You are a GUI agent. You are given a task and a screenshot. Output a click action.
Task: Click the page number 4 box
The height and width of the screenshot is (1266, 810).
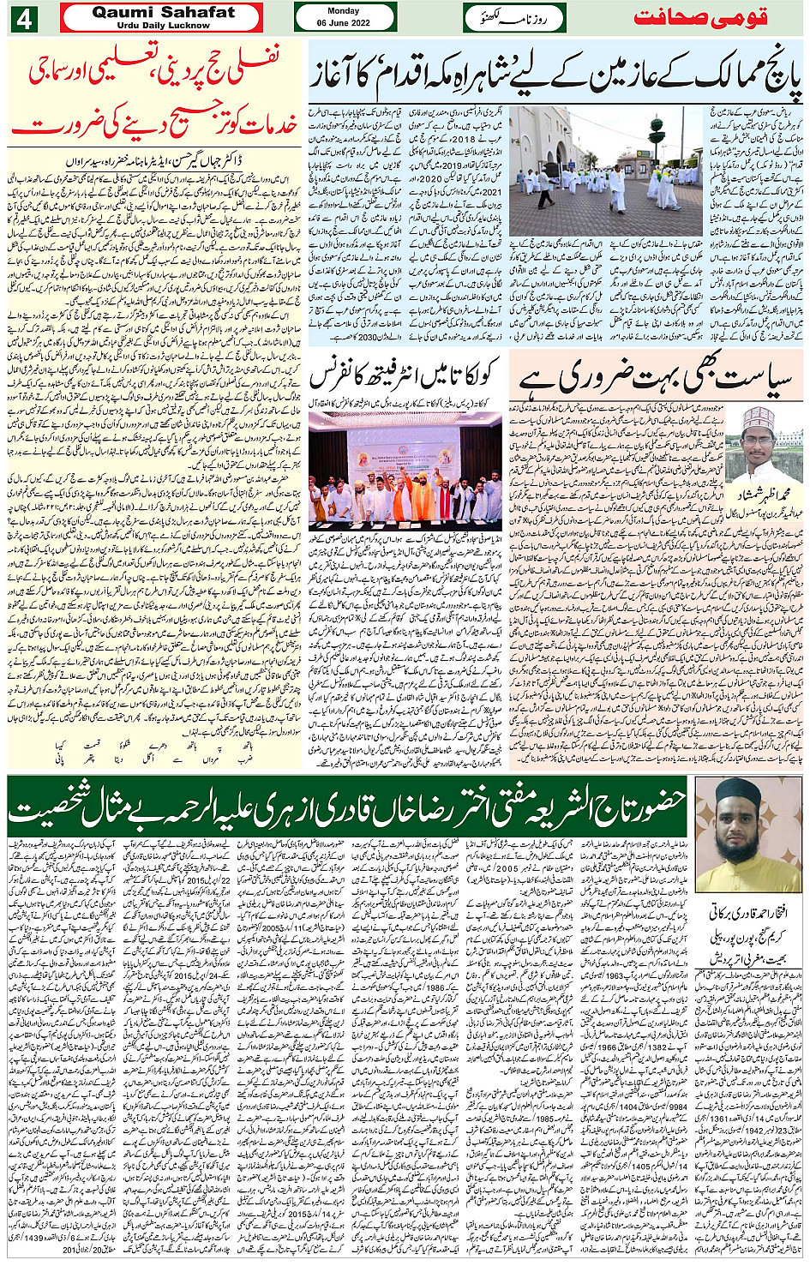coord(23,18)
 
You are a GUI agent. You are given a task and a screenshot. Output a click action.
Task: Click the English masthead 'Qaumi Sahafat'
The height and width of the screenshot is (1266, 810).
coord(163,12)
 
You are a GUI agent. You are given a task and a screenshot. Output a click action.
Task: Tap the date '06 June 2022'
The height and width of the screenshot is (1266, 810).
coord(344,23)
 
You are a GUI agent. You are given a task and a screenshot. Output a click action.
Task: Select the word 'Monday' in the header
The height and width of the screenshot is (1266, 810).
coord(344,11)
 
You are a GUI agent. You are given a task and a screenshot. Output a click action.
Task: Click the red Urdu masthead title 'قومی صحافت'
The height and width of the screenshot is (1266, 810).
coord(700,18)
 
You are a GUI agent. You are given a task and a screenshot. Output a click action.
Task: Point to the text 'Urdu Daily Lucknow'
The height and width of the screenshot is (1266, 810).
coord(163,26)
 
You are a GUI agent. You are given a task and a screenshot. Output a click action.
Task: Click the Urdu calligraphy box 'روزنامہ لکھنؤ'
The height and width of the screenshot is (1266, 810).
coord(514,18)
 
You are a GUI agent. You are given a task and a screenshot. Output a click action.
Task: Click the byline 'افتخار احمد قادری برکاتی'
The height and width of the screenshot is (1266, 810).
coord(749,914)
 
